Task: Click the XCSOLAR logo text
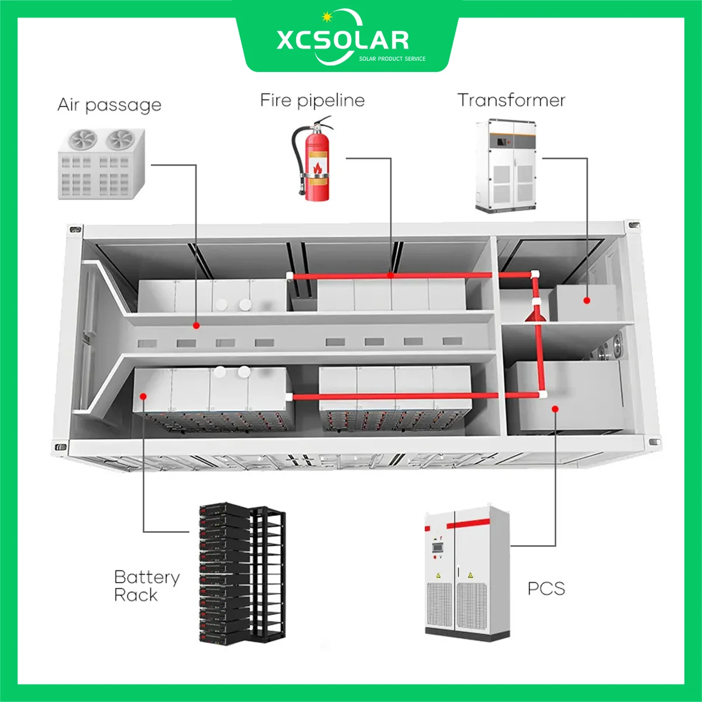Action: pos(342,40)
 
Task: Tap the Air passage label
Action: pos(109,105)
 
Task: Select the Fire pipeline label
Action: pos(312,100)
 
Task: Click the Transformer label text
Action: pos(511,100)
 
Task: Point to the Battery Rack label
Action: pos(146,586)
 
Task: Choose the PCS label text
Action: pos(546,588)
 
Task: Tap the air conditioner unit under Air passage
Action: pos(102,163)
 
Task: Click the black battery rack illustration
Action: pos(242,573)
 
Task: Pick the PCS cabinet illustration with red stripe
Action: pos(466,570)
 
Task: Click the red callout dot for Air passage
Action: pos(197,325)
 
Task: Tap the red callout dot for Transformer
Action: pos(586,301)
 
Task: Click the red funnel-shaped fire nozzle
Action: pos(535,315)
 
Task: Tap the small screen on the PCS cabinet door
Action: pos(435,548)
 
